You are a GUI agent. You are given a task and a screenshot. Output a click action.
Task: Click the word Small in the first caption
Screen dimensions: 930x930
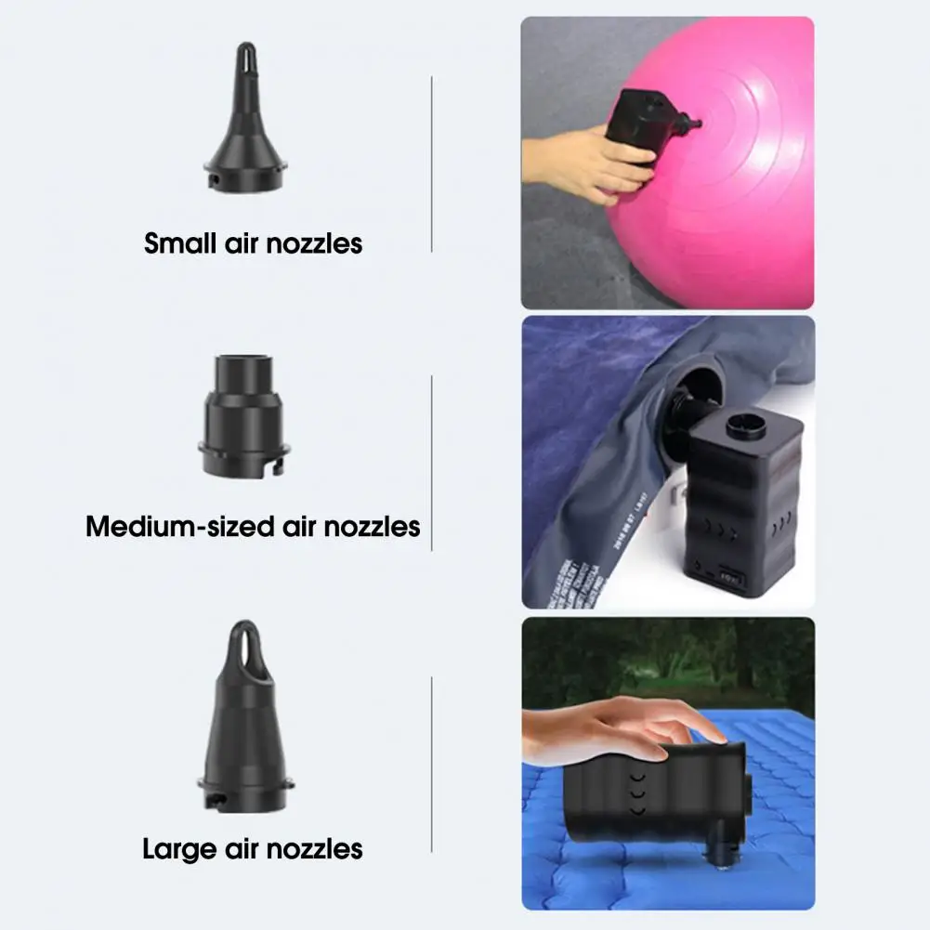182,243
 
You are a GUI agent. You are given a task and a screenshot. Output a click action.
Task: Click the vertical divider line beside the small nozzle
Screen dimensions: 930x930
432,164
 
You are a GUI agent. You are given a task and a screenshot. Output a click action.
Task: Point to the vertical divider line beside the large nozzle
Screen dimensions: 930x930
432,764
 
